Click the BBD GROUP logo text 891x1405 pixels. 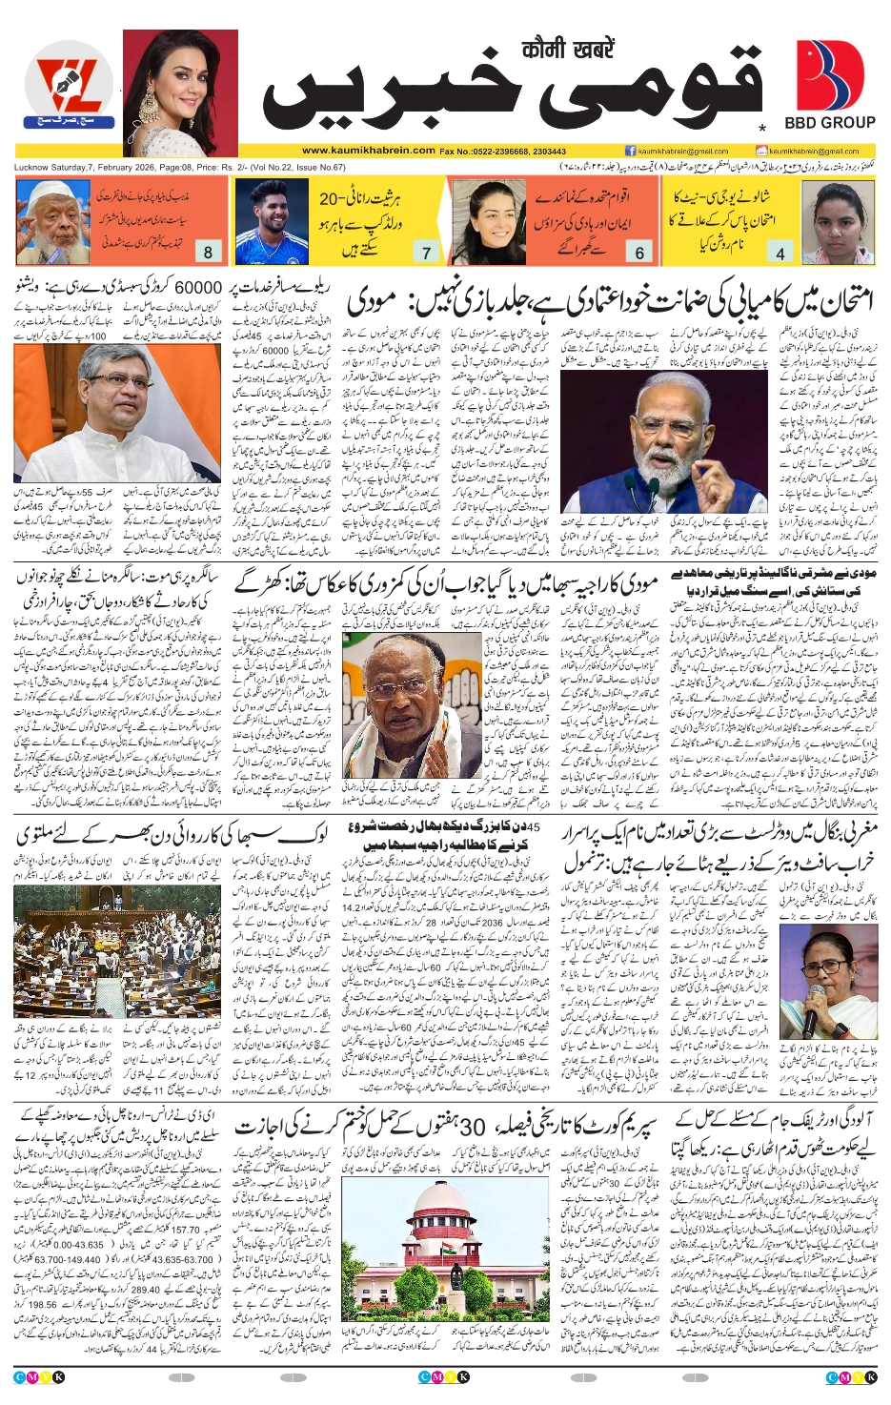pos(829,123)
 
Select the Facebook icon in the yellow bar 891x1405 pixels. pos(630,151)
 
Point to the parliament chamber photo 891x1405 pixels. pos(117,951)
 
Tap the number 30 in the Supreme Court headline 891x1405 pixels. pos(474,1127)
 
